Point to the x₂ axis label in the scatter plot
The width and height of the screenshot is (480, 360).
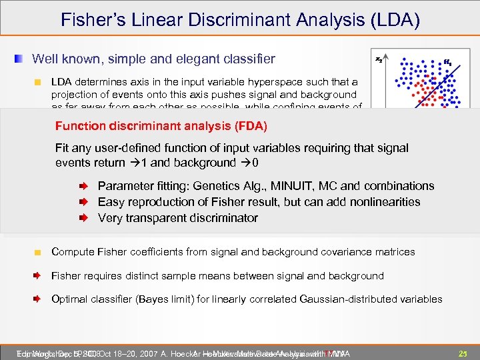(379, 60)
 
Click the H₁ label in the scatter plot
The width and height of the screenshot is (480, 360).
(447, 63)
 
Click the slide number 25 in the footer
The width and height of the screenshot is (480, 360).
(462, 352)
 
